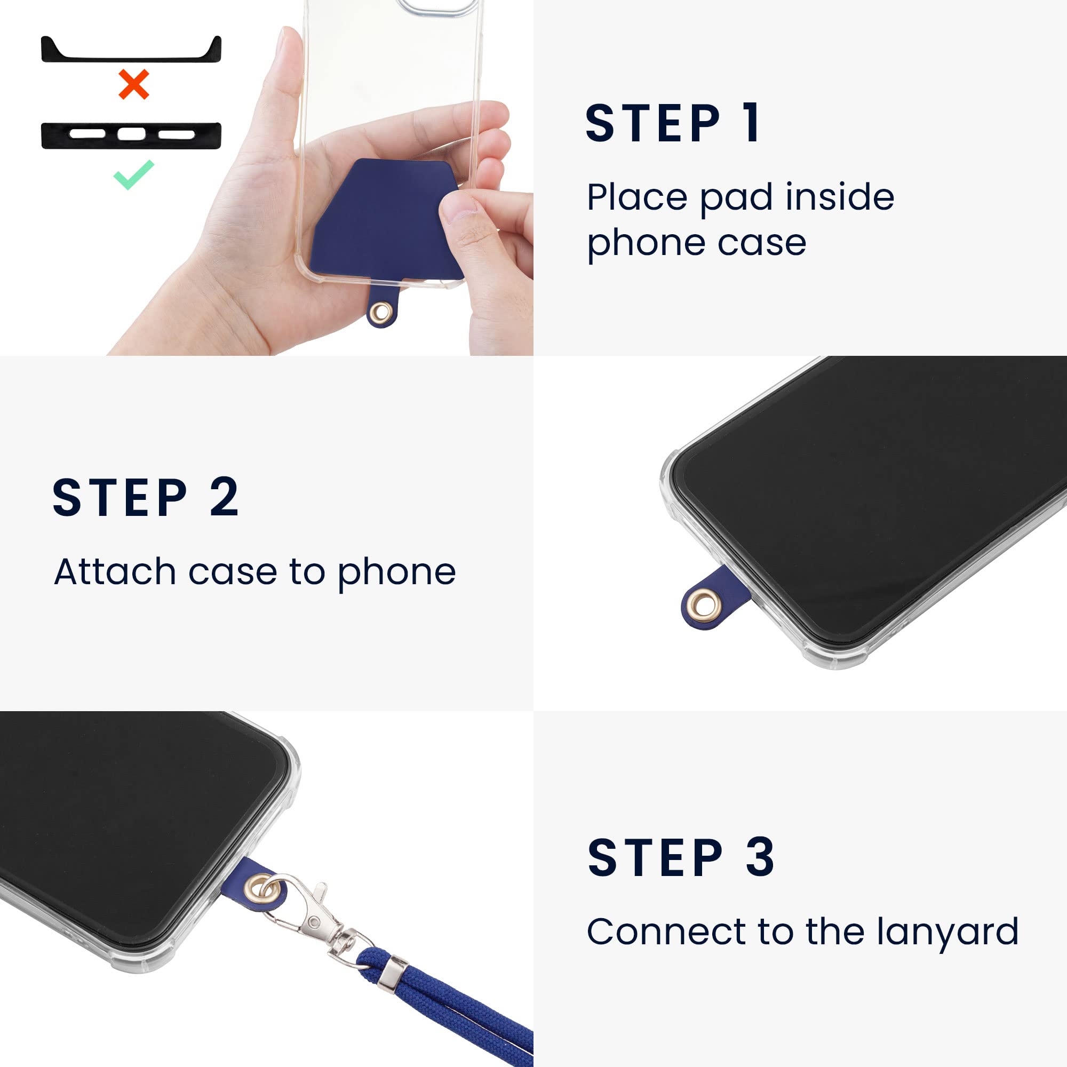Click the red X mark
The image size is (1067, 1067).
click(134, 84)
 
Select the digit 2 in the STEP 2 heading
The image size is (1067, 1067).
click(224, 498)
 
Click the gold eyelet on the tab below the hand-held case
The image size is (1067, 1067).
click(380, 313)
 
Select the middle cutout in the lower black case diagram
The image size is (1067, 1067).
click(131, 134)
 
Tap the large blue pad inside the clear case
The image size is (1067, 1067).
click(381, 221)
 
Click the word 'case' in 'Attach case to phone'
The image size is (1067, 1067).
click(233, 572)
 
